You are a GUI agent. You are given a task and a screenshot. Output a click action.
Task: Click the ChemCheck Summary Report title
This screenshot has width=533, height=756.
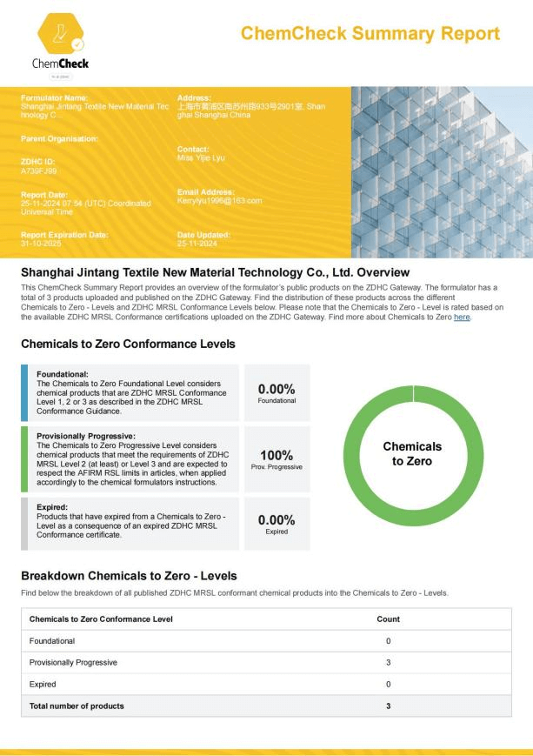pyautogui.click(x=370, y=34)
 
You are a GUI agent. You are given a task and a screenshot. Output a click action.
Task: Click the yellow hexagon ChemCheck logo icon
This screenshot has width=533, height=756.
pyautogui.click(x=62, y=31)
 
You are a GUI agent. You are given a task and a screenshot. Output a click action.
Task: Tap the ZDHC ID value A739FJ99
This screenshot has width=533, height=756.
pyautogui.click(x=39, y=171)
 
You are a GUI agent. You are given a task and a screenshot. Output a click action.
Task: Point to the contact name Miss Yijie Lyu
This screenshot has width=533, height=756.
pyautogui.click(x=201, y=157)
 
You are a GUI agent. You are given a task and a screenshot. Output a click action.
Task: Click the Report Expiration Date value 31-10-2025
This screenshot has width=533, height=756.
pyautogui.click(x=39, y=243)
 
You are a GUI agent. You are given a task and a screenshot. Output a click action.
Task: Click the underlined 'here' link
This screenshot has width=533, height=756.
pyautogui.click(x=462, y=318)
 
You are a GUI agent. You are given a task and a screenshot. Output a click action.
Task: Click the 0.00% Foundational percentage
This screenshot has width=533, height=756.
pyautogui.click(x=276, y=391)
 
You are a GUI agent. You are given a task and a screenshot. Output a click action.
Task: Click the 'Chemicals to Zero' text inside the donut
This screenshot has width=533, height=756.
pyautogui.click(x=412, y=453)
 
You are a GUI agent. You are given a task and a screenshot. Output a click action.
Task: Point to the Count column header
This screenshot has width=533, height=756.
pyautogui.click(x=388, y=619)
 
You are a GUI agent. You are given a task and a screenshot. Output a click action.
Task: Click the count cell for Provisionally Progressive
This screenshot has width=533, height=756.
pyautogui.click(x=388, y=662)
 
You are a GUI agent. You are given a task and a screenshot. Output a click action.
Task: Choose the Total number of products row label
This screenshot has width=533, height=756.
pyautogui.click(x=77, y=706)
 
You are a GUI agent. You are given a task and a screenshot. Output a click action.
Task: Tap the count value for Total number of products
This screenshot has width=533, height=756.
pyautogui.click(x=388, y=706)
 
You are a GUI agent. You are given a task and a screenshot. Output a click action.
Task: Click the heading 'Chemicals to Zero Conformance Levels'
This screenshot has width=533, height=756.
pyautogui.click(x=128, y=345)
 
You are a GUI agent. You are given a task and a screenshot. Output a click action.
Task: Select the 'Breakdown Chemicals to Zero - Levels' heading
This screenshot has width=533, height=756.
pyautogui.click(x=129, y=576)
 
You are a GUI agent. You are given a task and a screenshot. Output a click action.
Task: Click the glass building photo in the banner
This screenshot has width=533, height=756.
pyautogui.click(x=441, y=171)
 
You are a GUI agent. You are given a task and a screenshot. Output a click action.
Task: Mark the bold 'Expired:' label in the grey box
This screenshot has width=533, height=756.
pyautogui.click(x=53, y=505)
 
